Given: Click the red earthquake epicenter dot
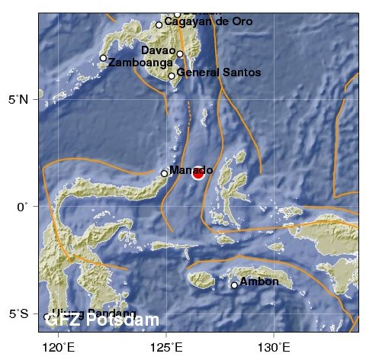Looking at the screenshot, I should (x=198, y=173).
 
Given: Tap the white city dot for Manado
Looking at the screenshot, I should (x=165, y=173).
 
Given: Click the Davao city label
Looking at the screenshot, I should (x=159, y=50).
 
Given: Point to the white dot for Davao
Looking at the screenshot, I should (x=180, y=54).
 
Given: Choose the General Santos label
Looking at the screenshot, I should (x=220, y=73).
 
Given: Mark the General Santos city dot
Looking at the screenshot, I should (x=172, y=76).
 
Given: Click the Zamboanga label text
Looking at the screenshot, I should (x=136, y=62).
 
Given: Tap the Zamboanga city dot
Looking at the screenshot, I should (x=103, y=58).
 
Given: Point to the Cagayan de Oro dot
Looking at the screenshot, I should (x=159, y=24).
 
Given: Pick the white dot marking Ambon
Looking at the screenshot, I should (x=234, y=285).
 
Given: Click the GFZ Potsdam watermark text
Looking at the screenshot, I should (x=102, y=321).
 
